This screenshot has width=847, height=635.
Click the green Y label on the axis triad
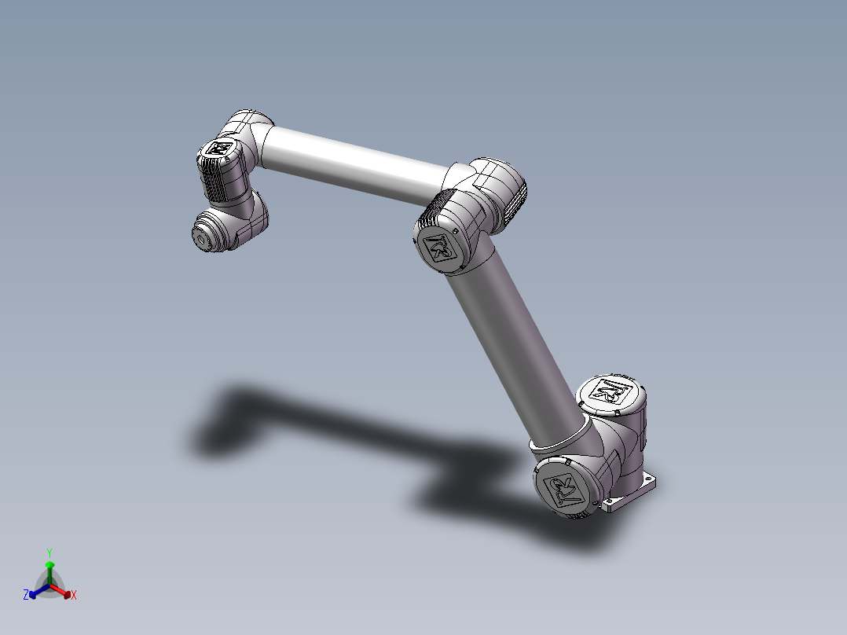click(49, 552)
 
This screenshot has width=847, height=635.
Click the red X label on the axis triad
click(74, 596)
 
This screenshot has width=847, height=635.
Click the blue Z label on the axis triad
click(25, 596)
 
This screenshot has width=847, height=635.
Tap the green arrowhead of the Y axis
click(49, 564)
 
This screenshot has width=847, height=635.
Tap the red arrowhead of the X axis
click(67, 593)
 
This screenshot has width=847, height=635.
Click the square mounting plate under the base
click(635, 494)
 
